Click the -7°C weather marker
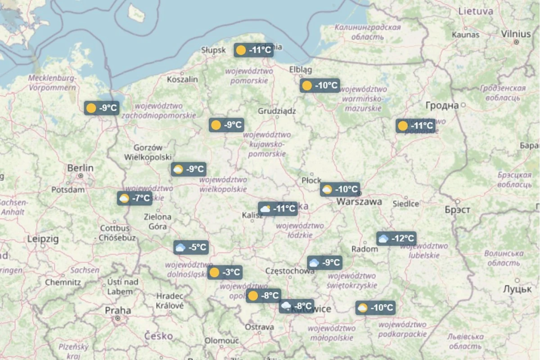[134, 198]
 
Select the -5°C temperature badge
[190, 247]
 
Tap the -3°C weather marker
[225, 273]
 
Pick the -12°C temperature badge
[396, 238]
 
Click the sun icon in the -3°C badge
[214, 273]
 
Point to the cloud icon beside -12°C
[383, 238]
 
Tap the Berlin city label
[80, 168]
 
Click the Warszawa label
[359, 201]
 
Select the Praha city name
[118, 310]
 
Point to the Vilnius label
[516, 34]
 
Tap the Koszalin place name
[182, 79]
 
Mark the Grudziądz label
[277, 111]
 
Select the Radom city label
[364, 248]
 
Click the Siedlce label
[406, 203]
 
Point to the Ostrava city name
[259, 327]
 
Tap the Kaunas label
[466, 34]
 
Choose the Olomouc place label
[221, 340]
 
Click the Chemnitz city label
[63, 282]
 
